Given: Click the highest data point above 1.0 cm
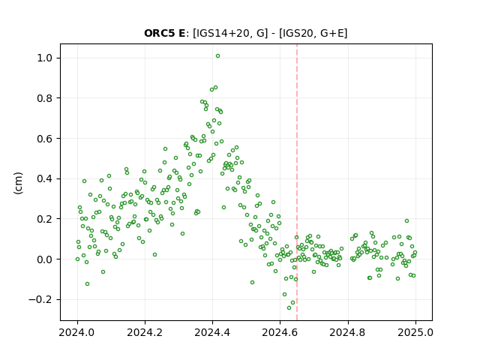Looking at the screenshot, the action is pyautogui.click(x=217, y=56).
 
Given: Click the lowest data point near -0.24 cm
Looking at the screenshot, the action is pyautogui.click(x=289, y=307).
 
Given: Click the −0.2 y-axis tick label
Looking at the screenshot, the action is pyautogui.click(x=42, y=299).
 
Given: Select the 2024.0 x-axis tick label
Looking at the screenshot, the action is pyautogui.click(x=77, y=332).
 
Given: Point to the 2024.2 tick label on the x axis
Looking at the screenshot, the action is pyautogui.click(x=145, y=332).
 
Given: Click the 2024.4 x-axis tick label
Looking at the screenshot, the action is pyautogui.click(x=212, y=332).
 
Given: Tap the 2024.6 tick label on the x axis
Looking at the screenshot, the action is pyautogui.click(x=280, y=332).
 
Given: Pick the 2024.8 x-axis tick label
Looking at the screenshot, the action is pyautogui.click(x=348, y=332).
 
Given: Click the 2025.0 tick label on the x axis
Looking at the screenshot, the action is pyautogui.click(x=415, y=332).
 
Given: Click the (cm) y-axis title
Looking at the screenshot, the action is pyautogui.click(x=18, y=183).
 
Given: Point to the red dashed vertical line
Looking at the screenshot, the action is pyautogui.click(x=297, y=182).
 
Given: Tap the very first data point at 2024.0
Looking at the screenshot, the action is pyautogui.click(x=77, y=259).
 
